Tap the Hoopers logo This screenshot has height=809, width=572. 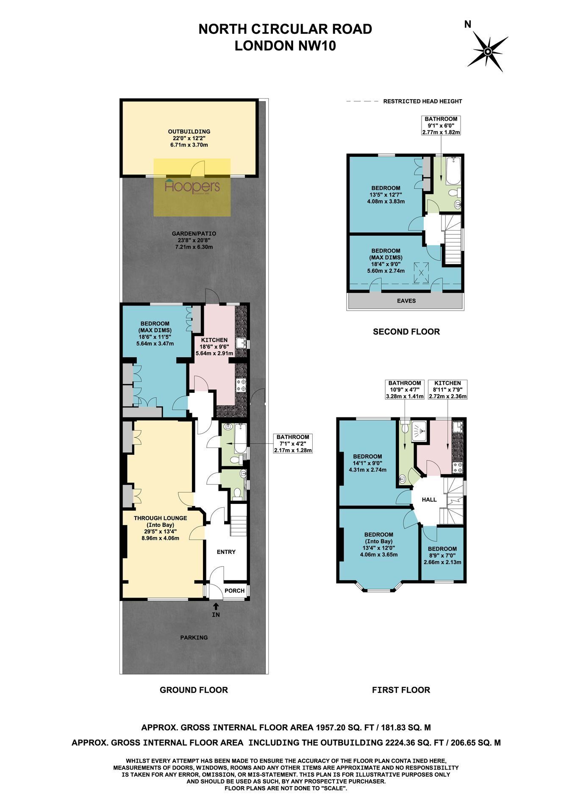coord(192,187)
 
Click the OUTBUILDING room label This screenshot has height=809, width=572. coord(189,131)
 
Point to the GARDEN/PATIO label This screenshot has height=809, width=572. coord(194,234)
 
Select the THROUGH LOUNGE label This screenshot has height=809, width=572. coord(160,518)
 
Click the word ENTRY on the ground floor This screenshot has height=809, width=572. coord(226,552)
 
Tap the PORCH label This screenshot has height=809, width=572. coord(234,591)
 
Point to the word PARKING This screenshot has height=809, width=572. coord(194,637)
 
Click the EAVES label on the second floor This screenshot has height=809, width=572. coord(406,301)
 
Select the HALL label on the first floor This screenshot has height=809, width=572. coord(429,500)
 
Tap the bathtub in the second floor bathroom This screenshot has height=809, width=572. coord(453,171)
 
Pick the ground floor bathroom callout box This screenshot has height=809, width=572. coord(293,443)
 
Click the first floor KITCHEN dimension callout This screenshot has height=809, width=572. coord(447,390)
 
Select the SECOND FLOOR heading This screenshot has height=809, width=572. coord(406,331)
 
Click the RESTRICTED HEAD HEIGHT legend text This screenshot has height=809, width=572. coord(422,101)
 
